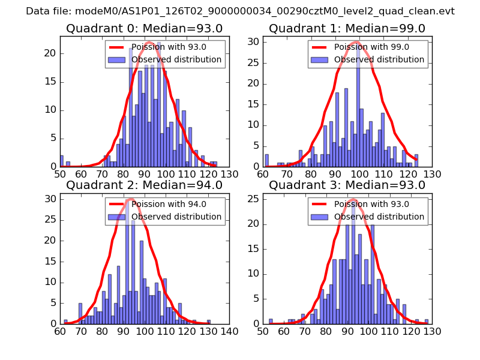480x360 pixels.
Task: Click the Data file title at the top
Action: pyautogui.click(x=240, y=11)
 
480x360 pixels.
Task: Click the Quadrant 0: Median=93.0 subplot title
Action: pyautogui.click(x=144, y=28)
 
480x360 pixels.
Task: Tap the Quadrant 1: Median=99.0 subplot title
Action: pyautogui.click(x=347, y=28)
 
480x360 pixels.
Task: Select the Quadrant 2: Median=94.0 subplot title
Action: pyautogui.click(x=144, y=185)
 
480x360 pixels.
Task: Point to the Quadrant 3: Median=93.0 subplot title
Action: pyautogui.click(x=347, y=185)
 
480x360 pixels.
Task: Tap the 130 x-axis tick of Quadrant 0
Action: pyautogui.click(x=229, y=174)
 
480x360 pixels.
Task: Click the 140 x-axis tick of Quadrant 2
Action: pyautogui.click(x=229, y=331)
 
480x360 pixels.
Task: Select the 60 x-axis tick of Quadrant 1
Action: pyautogui.click(x=263, y=174)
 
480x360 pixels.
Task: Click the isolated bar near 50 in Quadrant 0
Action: pyautogui.click(x=61, y=161)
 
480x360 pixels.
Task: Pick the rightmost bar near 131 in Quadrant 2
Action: pyautogui.click(x=209, y=322)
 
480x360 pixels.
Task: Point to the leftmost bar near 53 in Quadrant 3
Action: pyautogui.click(x=271, y=321)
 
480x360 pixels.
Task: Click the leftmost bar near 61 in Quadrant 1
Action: pyautogui.click(x=266, y=160)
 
